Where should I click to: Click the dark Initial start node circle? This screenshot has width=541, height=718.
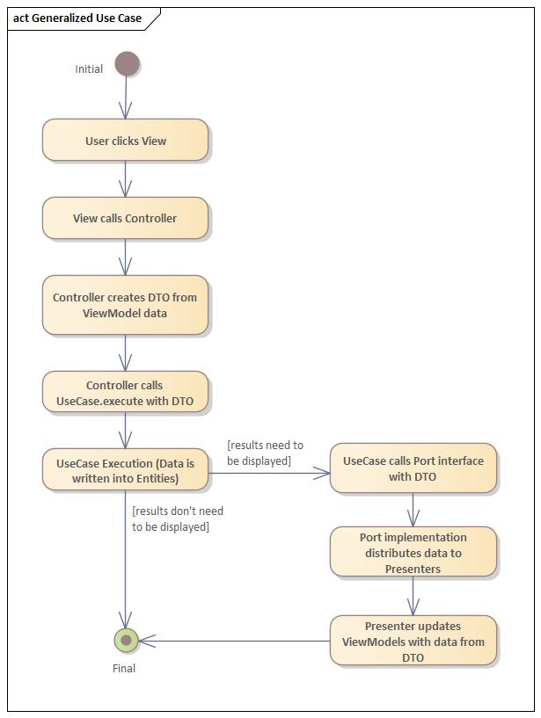[x=127, y=64]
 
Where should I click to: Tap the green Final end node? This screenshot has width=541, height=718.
[x=127, y=640]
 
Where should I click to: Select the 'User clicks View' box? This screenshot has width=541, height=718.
[x=125, y=141]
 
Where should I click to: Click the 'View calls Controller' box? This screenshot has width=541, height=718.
[x=125, y=218]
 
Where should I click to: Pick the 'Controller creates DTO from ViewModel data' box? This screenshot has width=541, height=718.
[x=125, y=305]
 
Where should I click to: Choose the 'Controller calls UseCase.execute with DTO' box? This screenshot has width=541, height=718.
[x=125, y=393]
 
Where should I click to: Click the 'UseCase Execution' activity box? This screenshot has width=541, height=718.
[x=125, y=470]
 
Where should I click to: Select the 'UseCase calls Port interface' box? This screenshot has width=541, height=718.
[x=413, y=468]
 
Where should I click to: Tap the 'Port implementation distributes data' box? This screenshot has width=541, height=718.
[x=413, y=552]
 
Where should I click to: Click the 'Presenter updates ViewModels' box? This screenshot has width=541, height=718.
[x=413, y=641]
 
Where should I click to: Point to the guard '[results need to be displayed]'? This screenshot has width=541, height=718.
[x=265, y=453]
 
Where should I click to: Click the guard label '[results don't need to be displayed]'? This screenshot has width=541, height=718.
[x=177, y=519]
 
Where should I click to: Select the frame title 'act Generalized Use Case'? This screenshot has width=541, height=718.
[x=77, y=18]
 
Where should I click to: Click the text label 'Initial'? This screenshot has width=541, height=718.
[x=89, y=69]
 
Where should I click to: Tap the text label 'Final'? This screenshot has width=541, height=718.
[x=124, y=668]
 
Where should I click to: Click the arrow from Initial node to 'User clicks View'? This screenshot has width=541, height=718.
[x=126, y=97]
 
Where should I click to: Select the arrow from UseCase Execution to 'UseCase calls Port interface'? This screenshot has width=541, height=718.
[x=268, y=474]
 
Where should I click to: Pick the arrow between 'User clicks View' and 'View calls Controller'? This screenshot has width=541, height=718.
[x=126, y=179]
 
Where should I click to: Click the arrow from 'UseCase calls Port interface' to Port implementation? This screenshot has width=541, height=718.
[x=413, y=510]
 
